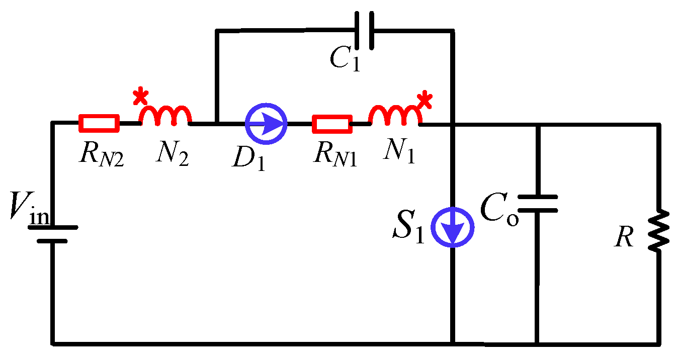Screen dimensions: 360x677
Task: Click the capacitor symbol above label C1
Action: pyautogui.click(x=364, y=31)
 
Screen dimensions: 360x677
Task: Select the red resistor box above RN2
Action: pyautogui.click(x=99, y=123)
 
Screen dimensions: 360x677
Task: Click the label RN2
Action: pyautogui.click(x=101, y=154)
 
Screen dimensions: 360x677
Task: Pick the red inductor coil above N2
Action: pyautogui.click(x=165, y=116)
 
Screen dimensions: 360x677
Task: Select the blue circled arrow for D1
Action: pyautogui.click(x=266, y=123)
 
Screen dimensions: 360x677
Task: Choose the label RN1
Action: pyautogui.click(x=334, y=154)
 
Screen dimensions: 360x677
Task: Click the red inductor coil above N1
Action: pyautogui.click(x=394, y=116)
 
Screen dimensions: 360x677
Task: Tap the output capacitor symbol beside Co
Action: pyautogui.click(x=538, y=204)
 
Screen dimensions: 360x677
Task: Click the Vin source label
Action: pyautogui.click(x=30, y=210)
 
